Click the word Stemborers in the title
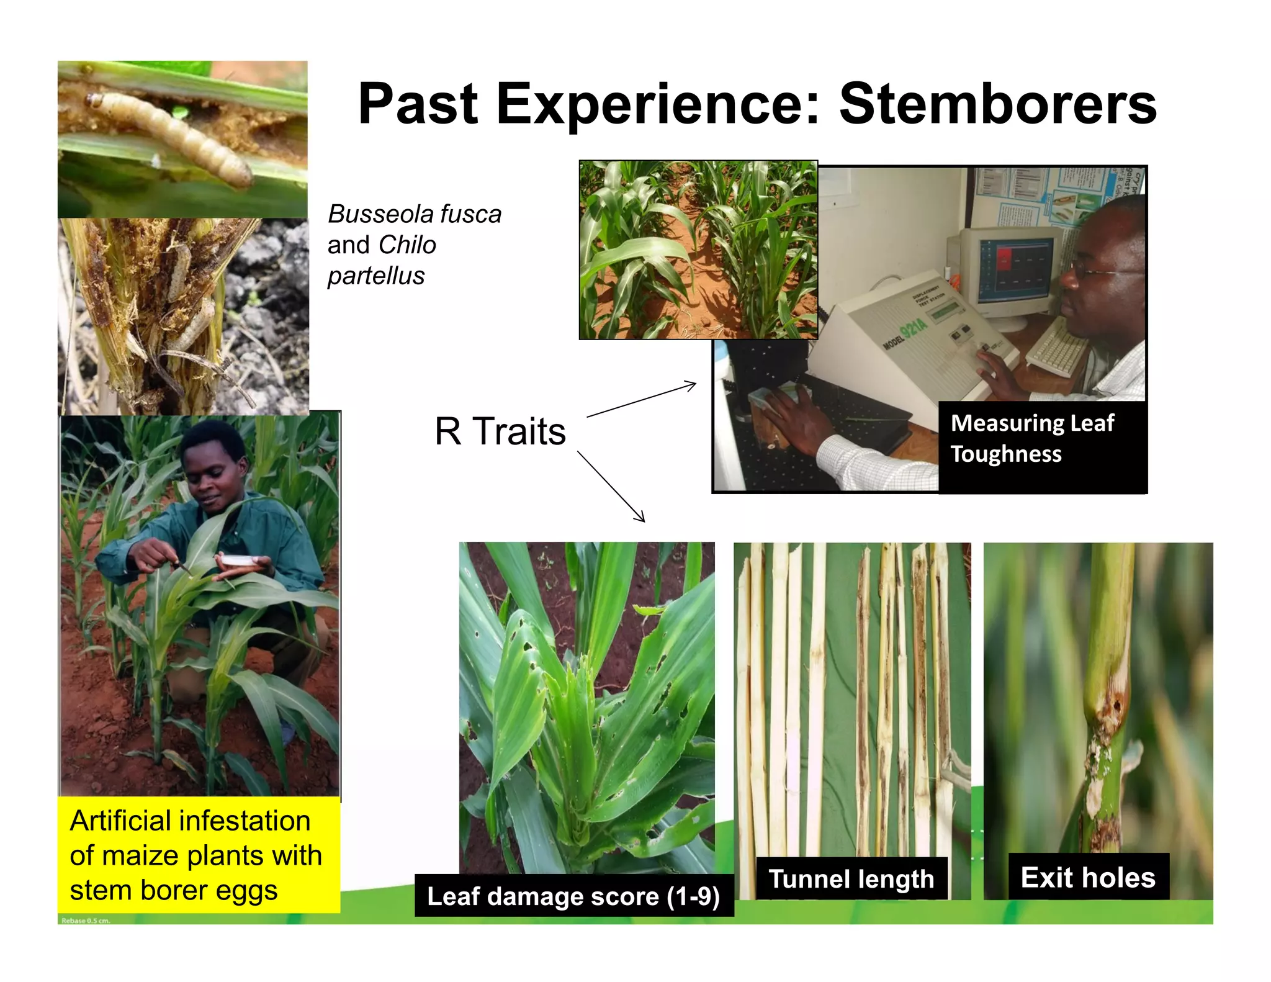point(997,104)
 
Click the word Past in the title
point(418,104)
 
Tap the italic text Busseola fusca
point(414,214)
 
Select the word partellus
point(376,276)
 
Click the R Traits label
point(500,431)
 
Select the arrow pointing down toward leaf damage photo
point(611,486)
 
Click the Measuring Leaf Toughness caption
point(1033,438)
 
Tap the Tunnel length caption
point(851,879)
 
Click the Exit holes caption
point(1088,878)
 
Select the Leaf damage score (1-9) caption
point(573,896)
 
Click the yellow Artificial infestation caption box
point(198,855)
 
